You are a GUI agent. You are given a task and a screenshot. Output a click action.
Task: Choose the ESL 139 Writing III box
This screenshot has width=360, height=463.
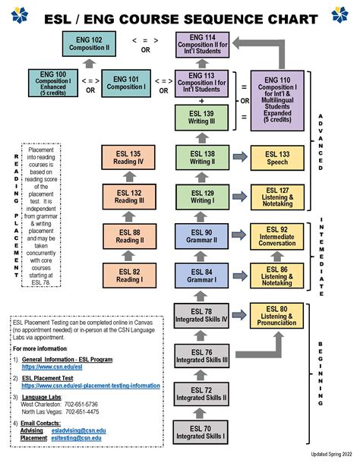[202, 118]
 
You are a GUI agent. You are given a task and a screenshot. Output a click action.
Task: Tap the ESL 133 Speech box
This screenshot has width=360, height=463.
[277, 158]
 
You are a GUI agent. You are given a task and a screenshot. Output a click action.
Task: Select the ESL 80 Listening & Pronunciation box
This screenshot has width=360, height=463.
[277, 316]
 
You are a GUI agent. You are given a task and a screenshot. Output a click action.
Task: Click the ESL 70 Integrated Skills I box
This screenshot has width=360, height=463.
[202, 432]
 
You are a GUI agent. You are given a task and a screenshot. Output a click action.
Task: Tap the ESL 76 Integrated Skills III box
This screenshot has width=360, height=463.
[202, 355]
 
